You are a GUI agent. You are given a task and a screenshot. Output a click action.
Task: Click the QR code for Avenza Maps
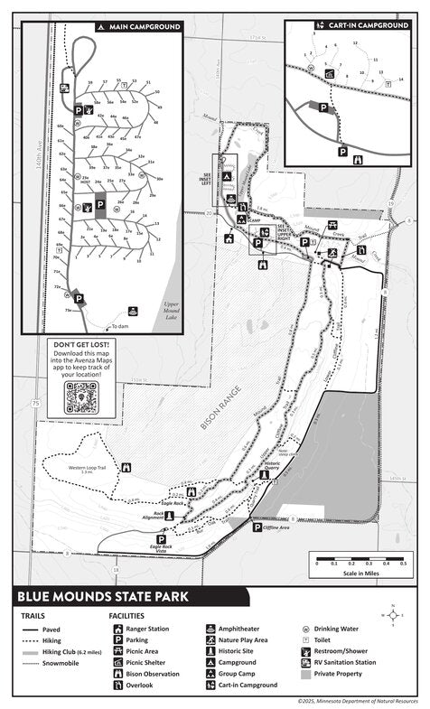[81, 396]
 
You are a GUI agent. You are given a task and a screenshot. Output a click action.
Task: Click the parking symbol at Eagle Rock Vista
[162, 538]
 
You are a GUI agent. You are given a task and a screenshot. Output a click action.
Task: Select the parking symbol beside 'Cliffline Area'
[257, 527]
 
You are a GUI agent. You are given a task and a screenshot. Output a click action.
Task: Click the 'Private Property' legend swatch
[305, 674]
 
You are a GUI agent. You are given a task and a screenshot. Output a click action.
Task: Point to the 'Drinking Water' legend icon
[305, 627]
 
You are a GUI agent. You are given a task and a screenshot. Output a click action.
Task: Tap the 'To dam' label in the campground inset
[120, 326]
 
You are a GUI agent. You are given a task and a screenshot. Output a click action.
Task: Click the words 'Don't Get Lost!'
[80, 345]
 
